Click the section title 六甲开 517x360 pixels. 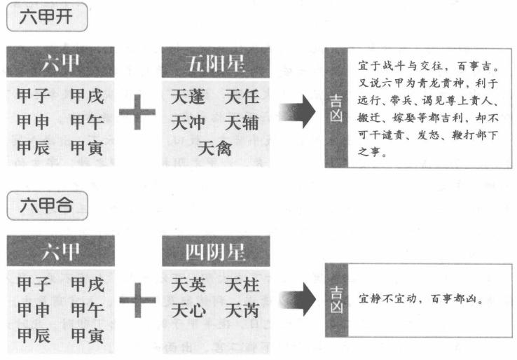[x=47, y=16]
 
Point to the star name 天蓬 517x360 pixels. [x=188, y=97]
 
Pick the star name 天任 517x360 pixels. [x=242, y=97]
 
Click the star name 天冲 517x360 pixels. [x=188, y=123]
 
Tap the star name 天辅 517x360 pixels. [x=242, y=123]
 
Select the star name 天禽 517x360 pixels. [x=215, y=148]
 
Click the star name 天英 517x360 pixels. [x=188, y=284]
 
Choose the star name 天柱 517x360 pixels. [x=242, y=284]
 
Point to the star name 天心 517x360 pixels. [x=188, y=310]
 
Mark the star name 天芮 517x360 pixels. [x=242, y=310]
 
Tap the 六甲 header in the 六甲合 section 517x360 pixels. [x=61, y=251]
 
